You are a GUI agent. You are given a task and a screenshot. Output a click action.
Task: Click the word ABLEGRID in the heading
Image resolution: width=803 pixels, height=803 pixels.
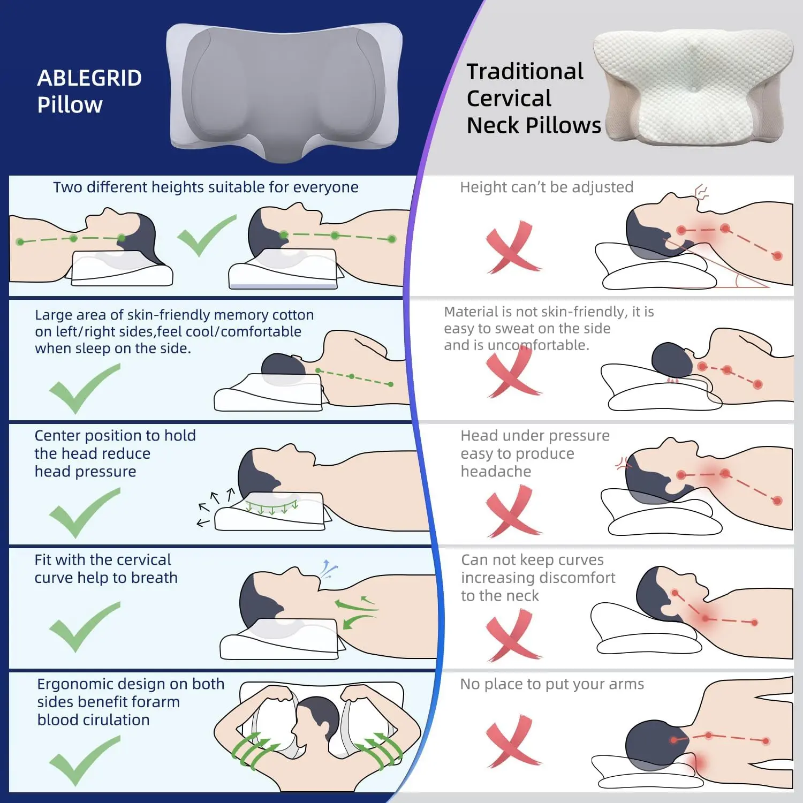(89, 78)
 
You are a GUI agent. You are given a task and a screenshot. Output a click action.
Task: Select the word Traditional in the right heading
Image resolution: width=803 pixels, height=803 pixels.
(525, 71)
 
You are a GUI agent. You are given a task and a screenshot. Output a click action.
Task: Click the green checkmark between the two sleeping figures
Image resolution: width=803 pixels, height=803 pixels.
(206, 236)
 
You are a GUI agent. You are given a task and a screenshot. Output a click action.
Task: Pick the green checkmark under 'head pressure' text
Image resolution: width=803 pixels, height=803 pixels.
(84, 513)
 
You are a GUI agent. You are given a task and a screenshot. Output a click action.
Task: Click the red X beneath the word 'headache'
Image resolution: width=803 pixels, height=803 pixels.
(513, 511)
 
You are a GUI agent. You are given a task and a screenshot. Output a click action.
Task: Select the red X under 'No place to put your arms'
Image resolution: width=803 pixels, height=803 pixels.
(513, 741)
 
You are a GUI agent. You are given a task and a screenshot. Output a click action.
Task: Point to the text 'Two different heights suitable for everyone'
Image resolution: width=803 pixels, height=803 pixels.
(206, 187)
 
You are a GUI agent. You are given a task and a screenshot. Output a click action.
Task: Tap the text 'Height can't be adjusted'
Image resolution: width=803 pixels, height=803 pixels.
(547, 187)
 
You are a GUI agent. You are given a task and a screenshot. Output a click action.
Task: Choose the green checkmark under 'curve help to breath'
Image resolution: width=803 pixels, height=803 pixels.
(84, 627)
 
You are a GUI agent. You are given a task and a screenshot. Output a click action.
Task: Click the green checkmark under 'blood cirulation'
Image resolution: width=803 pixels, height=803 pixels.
(84, 761)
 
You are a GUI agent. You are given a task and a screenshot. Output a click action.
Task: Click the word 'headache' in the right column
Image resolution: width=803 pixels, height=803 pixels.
(496, 472)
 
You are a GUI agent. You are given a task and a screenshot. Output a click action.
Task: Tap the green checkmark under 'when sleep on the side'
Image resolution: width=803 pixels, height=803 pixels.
(84, 389)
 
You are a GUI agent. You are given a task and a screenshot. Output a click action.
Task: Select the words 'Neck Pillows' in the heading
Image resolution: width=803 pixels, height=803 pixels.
(534, 125)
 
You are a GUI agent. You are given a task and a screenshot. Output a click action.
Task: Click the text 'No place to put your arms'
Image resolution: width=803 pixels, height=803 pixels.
(552, 684)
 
